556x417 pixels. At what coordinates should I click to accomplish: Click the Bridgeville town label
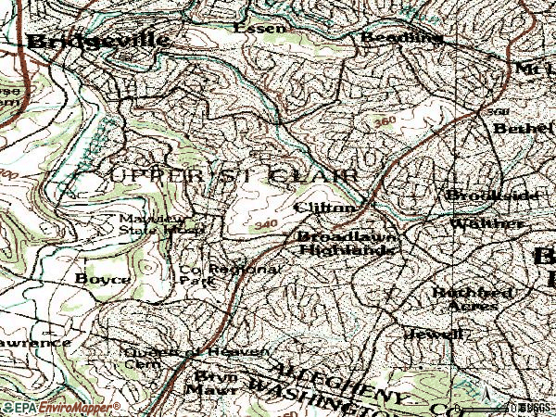click(x=98, y=41)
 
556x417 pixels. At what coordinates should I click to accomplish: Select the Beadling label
click(x=400, y=37)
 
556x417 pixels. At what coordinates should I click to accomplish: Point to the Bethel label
click(x=524, y=128)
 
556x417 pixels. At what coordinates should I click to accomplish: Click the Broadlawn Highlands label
click(x=347, y=244)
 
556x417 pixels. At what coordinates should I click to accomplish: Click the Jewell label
click(x=433, y=333)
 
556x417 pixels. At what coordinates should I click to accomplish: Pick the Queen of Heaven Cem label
click(x=195, y=357)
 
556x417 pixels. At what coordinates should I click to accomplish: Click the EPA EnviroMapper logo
click(x=60, y=407)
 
